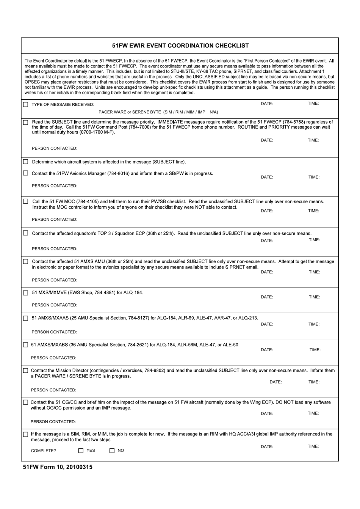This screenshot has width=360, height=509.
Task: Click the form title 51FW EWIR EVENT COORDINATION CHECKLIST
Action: coord(180,46)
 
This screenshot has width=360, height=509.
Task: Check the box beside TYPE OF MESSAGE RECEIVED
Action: coord(26,105)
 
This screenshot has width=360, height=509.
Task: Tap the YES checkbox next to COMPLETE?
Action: coord(81,451)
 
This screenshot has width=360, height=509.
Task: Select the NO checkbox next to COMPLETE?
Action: coord(112,451)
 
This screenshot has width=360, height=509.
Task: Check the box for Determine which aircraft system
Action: coord(26,162)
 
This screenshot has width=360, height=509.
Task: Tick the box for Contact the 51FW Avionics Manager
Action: coord(26,173)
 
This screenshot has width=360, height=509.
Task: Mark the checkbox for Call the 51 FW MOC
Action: coord(26,201)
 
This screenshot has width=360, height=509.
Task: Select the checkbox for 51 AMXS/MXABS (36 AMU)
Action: coord(26,345)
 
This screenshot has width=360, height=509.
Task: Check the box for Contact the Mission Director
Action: coord(26,371)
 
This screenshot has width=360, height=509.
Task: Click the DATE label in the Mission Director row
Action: coord(275,382)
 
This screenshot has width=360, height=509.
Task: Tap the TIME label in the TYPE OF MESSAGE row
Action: coord(313,104)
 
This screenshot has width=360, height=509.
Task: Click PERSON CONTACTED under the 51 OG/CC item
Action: coord(53,421)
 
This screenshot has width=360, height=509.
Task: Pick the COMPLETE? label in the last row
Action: coord(43,451)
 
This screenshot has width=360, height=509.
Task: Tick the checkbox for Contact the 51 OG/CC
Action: coord(26,402)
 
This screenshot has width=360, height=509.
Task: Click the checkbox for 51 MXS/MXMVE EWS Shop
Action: coord(26,293)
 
